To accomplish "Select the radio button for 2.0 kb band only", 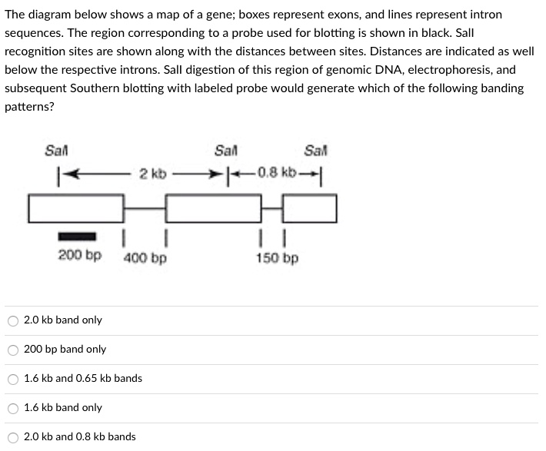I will [12, 320].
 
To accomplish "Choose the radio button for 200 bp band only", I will [12, 350].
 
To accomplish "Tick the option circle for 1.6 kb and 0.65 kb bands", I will [12, 379].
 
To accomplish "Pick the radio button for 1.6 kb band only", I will [12, 408].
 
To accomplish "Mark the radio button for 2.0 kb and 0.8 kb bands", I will [12, 437].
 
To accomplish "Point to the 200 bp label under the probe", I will [79, 254].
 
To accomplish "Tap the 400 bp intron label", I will [145, 257].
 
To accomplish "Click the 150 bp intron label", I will [277, 257].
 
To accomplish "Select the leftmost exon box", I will [76, 208].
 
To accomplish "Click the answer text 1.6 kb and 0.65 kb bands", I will [83, 379].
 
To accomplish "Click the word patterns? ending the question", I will [29, 107].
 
